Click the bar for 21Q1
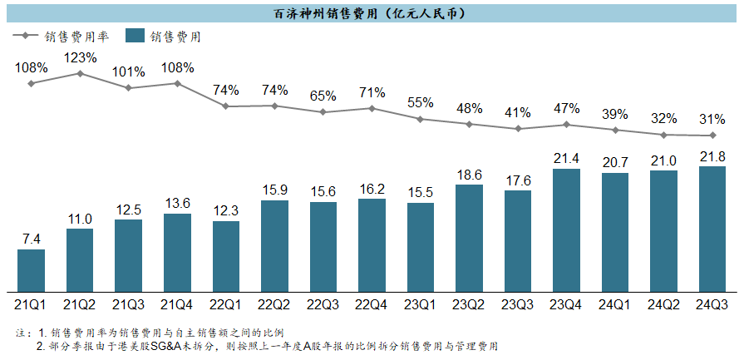click(31, 272)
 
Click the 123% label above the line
click(80, 58)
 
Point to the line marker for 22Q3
click(323, 111)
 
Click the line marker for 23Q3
click(518, 129)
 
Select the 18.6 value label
click(469, 174)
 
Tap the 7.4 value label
click(31, 239)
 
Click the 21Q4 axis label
click(177, 305)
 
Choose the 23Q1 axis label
click(421, 305)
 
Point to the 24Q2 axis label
click(663, 305)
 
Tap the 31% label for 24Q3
click(712, 120)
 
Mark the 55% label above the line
click(421, 102)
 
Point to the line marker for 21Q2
click(80, 73)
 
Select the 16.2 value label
click(372, 188)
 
